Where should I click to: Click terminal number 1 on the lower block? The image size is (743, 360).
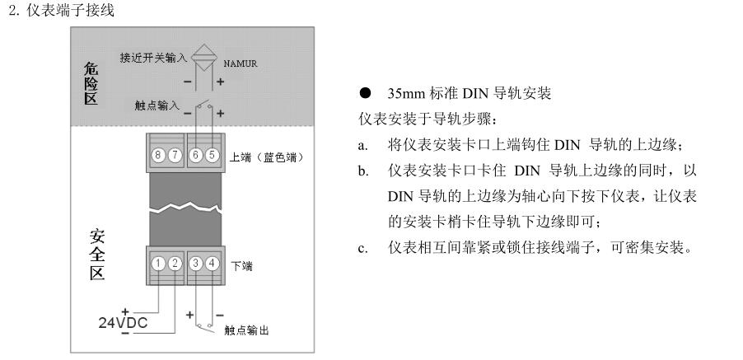[159, 264]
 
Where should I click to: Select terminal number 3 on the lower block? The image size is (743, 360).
[196, 264]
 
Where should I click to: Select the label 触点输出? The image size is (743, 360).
[245, 330]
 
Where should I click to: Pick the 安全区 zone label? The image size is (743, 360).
[96, 255]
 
